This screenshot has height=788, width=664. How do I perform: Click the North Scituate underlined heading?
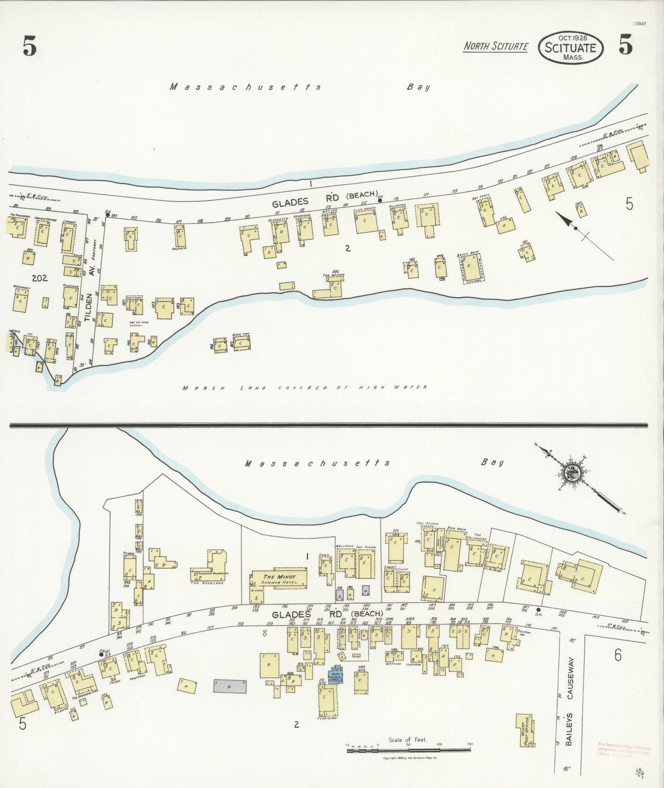click(x=495, y=46)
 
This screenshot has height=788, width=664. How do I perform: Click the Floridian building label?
click(x=328, y=717)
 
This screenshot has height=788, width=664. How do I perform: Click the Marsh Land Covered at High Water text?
click(x=305, y=388)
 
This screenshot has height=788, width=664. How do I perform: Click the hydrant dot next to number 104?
click(x=107, y=212)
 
